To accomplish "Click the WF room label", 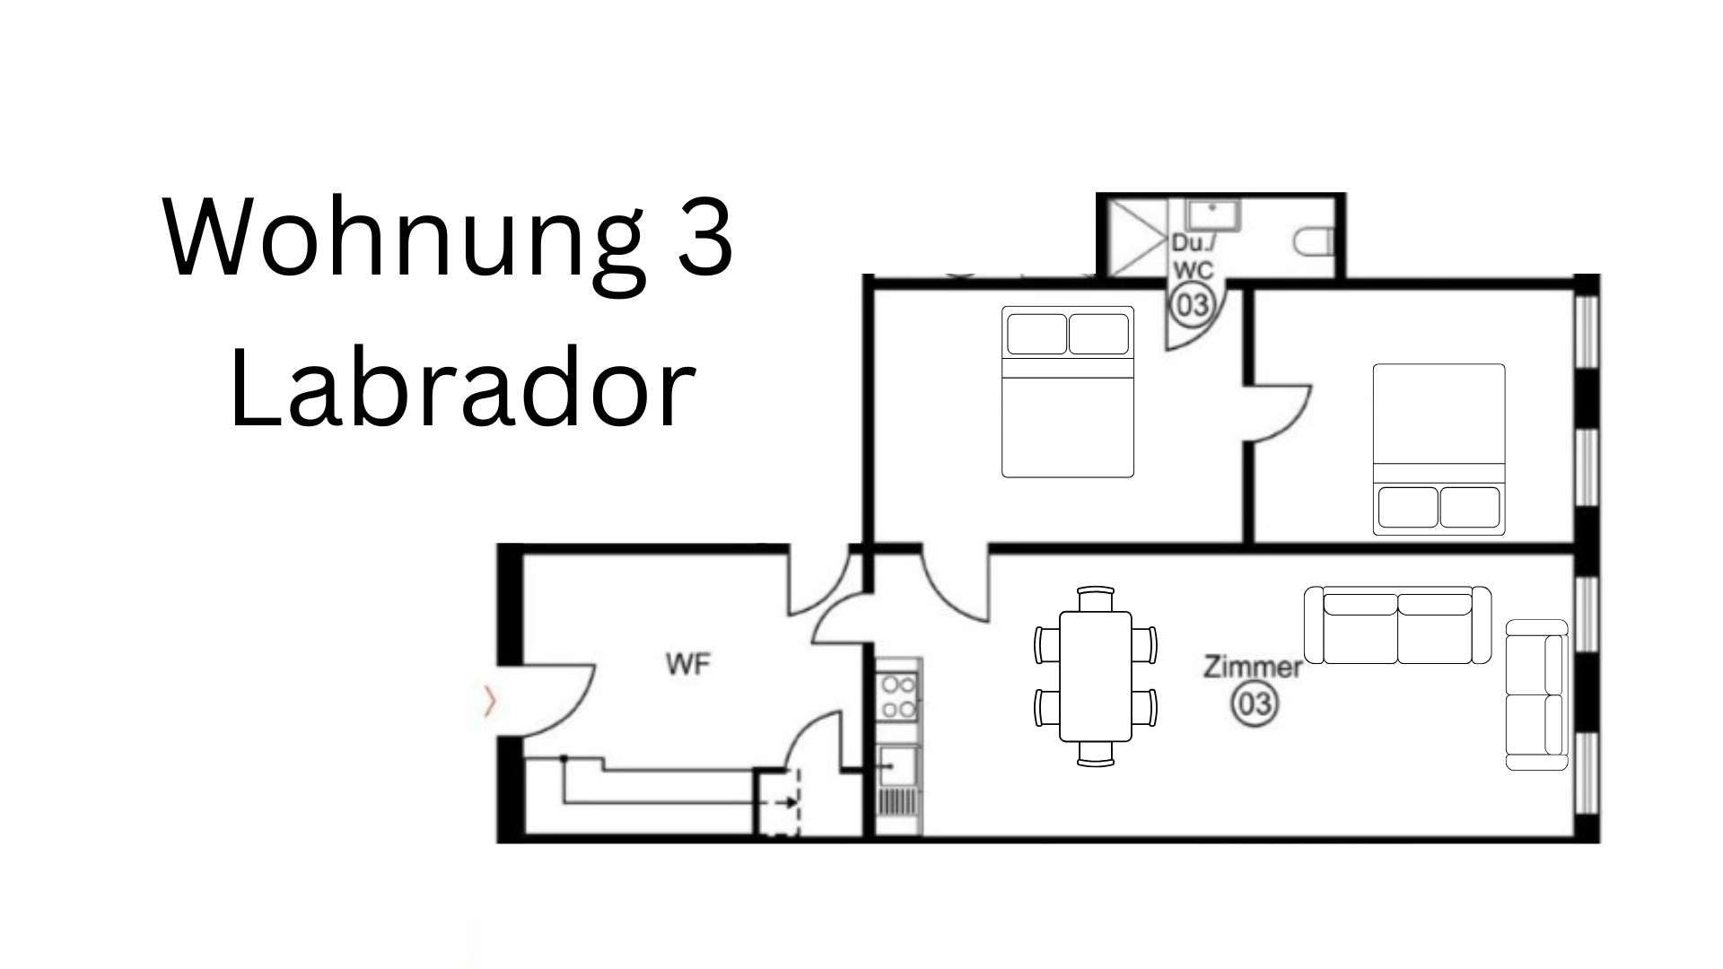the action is click(688, 665).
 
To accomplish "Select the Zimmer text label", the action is click(1253, 668).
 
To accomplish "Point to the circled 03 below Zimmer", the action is click(1255, 703).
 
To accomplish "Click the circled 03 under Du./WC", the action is click(1193, 305).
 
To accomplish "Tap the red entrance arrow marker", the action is click(489, 703).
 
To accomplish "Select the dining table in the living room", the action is click(1095, 676).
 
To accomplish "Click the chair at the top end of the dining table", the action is click(1095, 598).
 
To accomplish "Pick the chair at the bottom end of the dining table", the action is click(1095, 754).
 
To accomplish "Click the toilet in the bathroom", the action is click(1316, 240).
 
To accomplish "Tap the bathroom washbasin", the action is click(1213, 215).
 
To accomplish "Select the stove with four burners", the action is click(898, 698).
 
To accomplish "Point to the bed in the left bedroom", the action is click(1068, 392).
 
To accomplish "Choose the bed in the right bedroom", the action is click(1439, 450).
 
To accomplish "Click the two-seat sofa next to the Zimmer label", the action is click(1397, 625).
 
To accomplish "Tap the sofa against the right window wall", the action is click(1536, 694).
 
